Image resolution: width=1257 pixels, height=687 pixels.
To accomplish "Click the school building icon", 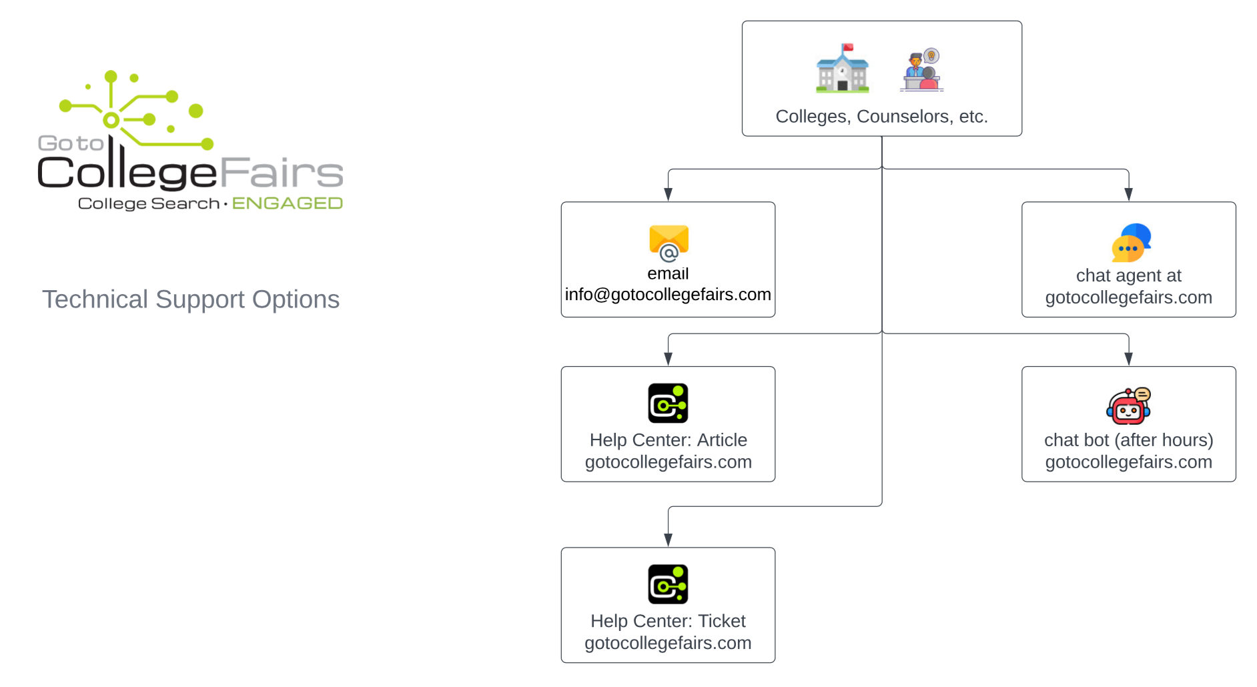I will [842, 68].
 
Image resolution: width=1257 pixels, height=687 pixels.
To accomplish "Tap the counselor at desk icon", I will [921, 69].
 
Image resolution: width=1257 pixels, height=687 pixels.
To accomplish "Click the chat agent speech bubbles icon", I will [1131, 243].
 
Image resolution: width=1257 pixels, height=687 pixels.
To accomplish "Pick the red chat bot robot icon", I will [1128, 406].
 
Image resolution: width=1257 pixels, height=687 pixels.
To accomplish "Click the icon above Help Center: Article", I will [668, 403].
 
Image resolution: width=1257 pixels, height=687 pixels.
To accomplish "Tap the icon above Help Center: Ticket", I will [668, 584].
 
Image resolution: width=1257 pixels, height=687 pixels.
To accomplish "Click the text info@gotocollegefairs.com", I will [668, 295].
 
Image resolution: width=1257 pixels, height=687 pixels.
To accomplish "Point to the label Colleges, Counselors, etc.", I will [881, 117].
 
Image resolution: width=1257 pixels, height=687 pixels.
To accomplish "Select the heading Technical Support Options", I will [191, 299].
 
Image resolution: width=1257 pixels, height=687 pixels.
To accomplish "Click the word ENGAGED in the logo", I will [287, 203].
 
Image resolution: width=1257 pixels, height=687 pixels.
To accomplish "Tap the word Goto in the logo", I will [71, 143].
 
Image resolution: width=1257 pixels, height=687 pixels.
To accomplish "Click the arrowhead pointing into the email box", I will [668, 194].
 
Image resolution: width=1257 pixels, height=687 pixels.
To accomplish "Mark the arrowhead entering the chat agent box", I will [1128, 194].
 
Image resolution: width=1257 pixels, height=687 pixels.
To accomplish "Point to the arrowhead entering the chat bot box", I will [1128, 359].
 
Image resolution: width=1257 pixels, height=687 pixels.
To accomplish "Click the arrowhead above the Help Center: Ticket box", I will [668, 540].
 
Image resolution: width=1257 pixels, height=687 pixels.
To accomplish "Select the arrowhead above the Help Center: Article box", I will [668, 359].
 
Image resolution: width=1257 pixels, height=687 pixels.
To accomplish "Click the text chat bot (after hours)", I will [1128, 440].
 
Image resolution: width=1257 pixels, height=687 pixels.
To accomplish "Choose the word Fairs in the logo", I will [281, 173].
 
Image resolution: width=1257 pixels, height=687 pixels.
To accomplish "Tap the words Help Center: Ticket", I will [668, 621].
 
